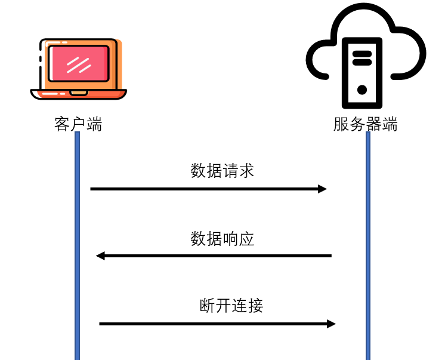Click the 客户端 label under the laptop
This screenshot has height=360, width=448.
[x=78, y=125]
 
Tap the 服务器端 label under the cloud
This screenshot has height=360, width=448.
[x=365, y=125]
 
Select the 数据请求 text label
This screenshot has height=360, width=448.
[x=223, y=171]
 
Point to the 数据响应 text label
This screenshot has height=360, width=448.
[x=223, y=239]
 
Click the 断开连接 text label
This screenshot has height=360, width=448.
[x=231, y=306]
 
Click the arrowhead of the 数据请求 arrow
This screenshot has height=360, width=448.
[x=322, y=189]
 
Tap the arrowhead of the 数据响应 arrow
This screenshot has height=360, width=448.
[x=101, y=256]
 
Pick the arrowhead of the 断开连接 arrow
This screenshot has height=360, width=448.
[x=331, y=324]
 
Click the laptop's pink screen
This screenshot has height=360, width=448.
[x=78, y=63]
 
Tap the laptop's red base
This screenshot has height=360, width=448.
[x=78, y=94]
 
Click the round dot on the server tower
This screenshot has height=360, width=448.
[x=362, y=90]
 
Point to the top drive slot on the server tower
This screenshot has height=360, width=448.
[x=362, y=53]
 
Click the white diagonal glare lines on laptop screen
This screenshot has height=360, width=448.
[x=78, y=64]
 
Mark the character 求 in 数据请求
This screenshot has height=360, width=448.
[x=246, y=171]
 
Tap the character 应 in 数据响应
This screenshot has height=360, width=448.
[x=246, y=239]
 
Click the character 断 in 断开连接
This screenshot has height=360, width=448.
[x=207, y=306]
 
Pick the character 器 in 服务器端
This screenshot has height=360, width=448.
[x=373, y=125]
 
